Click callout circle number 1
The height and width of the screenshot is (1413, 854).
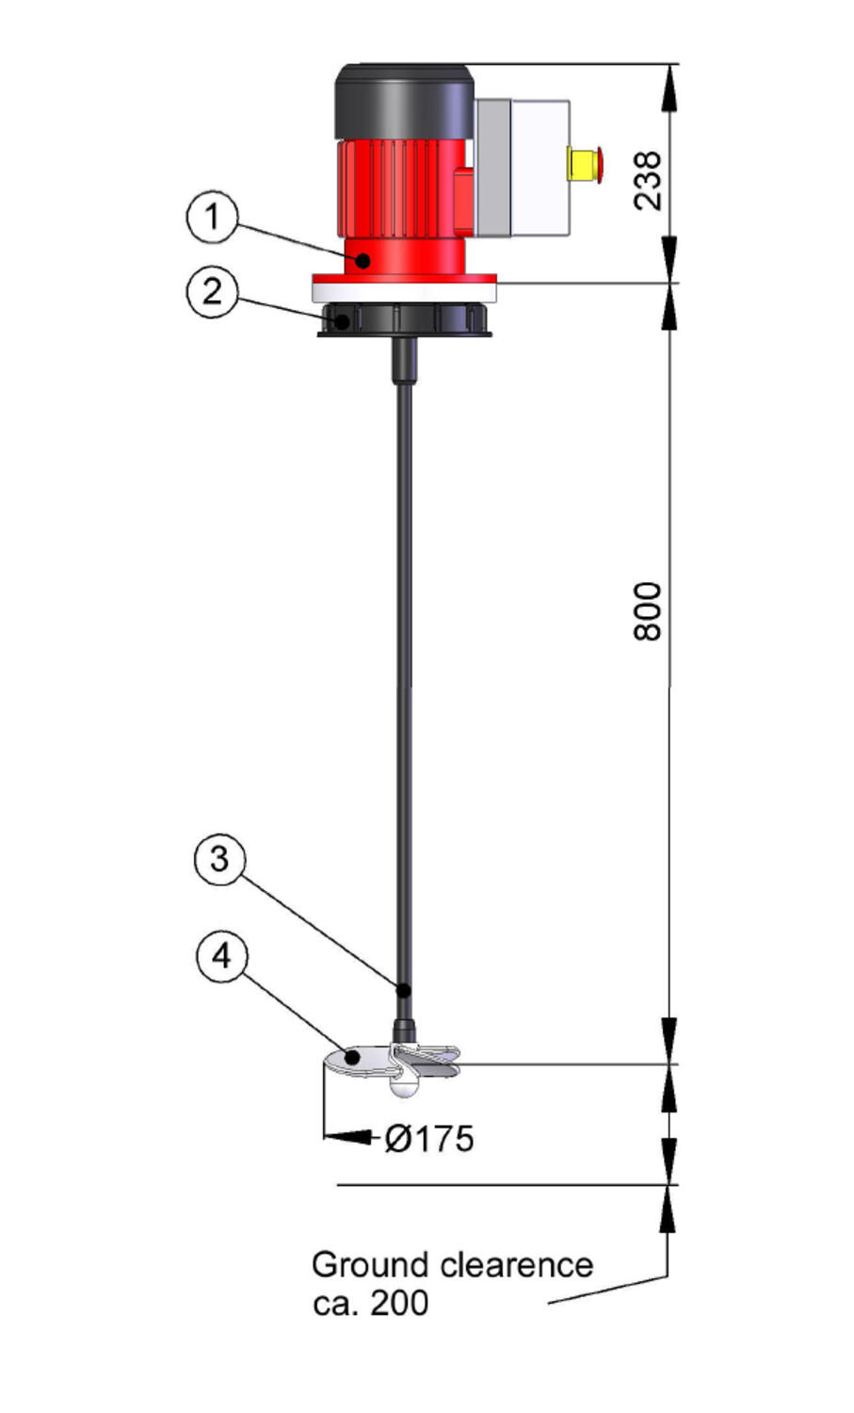[x=213, y=217]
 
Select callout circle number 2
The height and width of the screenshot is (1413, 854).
[x=213, y=292]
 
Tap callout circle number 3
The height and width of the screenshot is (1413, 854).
[x=219, y=859]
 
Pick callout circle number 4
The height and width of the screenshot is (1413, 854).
[x=222, y=956]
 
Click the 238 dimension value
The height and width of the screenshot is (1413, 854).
[x=649, y=181]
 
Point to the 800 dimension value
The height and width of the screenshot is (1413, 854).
[x=648, y=611]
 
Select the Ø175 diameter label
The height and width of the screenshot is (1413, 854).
[x=429, y=1139]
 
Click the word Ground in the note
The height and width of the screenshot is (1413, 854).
[x=370, y=1265]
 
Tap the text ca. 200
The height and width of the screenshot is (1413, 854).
[x=371, y=1303]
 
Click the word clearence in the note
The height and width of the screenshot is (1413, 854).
[x=517, y=1265]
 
